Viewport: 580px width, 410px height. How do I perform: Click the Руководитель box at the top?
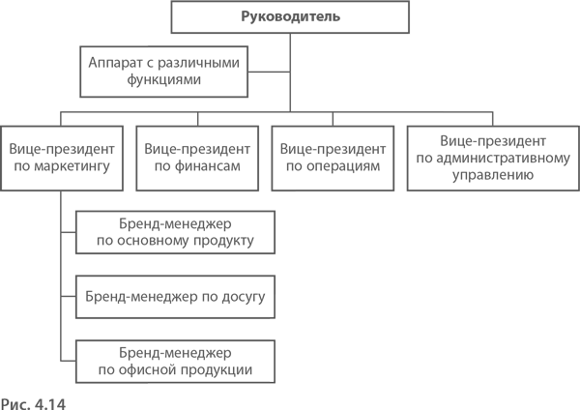(x=290, y=17)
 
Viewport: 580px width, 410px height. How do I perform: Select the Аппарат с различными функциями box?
(x=164, y=72)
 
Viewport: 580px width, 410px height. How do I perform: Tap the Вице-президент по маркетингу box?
(x=62, y=159)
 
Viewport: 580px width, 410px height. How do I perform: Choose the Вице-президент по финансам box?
(x=197, y=159)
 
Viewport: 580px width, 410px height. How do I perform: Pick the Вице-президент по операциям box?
(x=333, y=159)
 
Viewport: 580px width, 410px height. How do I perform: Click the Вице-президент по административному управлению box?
(x=493, y=159)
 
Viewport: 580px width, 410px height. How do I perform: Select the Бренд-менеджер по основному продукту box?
(x=175, y=232)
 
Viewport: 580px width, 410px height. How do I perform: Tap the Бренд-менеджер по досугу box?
(x=175, y=297)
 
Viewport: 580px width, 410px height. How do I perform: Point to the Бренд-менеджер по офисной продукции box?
(x=175, y=362)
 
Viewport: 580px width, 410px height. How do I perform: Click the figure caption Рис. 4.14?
(x=33, y=403)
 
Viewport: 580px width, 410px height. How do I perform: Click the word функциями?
(x=164, y=80)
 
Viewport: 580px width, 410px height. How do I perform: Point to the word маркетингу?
(x=72, y=166)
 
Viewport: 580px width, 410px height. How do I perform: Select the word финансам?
(x=208, y=166)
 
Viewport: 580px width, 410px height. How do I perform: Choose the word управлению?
(x=493, y=175)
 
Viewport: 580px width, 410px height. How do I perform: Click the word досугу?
(x=244, y=297)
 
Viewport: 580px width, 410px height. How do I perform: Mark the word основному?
(x=153, y=241)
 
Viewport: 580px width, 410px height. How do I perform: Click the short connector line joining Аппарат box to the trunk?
(x=269, y=72)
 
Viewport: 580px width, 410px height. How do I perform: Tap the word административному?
(x=504, y=159)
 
